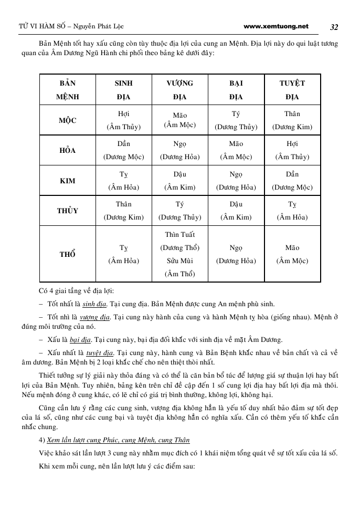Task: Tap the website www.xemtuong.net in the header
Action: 276,26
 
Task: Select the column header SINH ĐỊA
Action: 123,90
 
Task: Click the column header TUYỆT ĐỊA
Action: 292,90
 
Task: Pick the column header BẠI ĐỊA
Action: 236,90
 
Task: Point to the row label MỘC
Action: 67,120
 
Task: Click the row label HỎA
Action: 67,150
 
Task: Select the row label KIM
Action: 67,181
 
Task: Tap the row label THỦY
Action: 67,211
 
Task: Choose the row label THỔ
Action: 67,254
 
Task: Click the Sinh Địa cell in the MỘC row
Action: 123,120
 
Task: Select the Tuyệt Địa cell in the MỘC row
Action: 292,120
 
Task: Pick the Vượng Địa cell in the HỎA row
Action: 180,150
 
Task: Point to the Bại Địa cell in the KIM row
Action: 236,181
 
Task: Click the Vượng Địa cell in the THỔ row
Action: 180,254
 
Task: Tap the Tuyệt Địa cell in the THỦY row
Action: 292,211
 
